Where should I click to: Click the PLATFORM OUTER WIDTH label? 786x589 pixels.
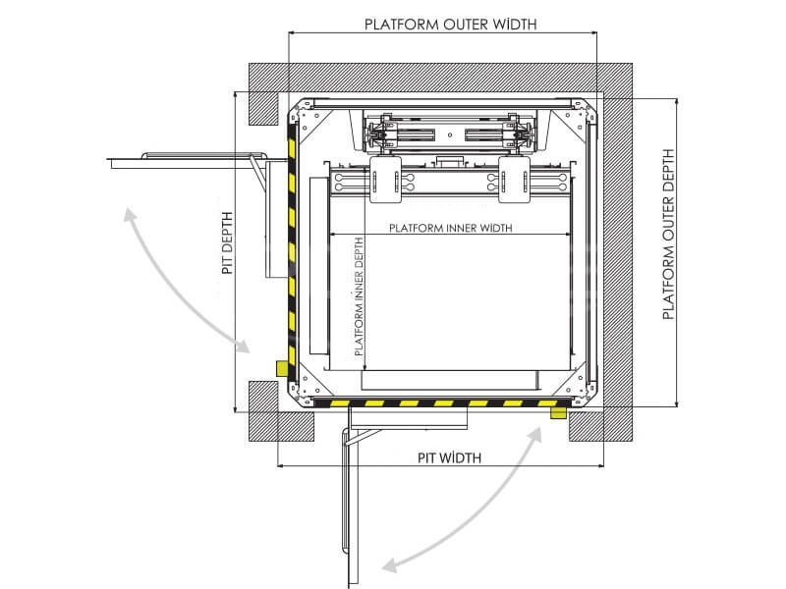(x=450, y=24)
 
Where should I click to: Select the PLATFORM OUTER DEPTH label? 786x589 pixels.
(x=668, y=234)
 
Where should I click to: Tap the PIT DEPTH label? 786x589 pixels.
(x=228, y=242)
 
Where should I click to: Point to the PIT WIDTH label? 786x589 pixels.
(x=449, y=457)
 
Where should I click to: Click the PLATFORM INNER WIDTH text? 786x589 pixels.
(x=451, y=228)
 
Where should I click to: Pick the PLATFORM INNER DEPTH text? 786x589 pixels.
(x=359, y=296)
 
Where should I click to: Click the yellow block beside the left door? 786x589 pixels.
(x=282, y=369)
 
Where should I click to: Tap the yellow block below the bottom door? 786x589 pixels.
(x=558, y=412)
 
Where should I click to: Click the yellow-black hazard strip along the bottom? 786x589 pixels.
(x=442, y=403)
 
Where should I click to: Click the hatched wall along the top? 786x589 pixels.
(x=440, y=78)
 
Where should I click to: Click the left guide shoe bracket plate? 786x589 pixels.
(x=385, y=180)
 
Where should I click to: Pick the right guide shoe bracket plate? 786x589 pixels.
(x=514, y=180)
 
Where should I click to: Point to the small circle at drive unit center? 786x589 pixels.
(x=450, y=134)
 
